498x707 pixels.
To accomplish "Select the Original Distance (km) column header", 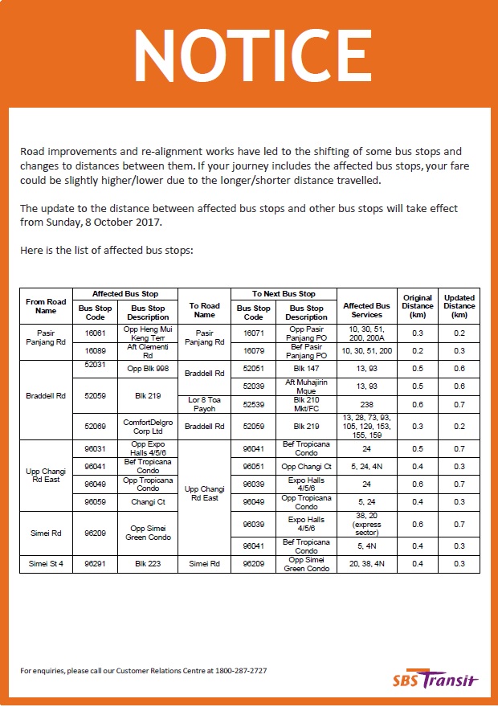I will pyautogui.click(x=418, y=306).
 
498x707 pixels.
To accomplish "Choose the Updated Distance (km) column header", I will pyautogui.click(x=459, y=306).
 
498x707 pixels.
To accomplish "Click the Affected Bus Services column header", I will pyautogui.click(x=366, y=306).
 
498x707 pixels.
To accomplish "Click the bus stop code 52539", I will pyautogui.click(x=253, y=403).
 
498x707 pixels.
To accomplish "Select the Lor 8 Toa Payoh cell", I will pyautogui.click(x=204, y=403).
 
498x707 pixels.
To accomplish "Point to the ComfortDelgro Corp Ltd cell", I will pyautogui.click(x=148, y=425).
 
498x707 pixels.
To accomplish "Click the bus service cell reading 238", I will pyautogui.click(x=366, y=403).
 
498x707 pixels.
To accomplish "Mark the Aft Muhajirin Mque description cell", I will pyautogui.click(x=307, y=386).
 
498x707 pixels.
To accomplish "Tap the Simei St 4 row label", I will pyautogui.click(x=46, y=564).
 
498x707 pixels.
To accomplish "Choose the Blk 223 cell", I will pyautogui.click(x=148, y=564).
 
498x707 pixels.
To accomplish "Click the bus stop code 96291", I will pyautogui.click(x=95, y=564).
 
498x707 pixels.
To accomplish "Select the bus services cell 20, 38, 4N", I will pyautogui.click(x=366, y=564).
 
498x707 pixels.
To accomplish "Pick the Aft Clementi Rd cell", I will pyautogui.click(x=148, y=351).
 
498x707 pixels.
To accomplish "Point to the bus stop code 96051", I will pyautogui.click(x=253, y=466).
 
